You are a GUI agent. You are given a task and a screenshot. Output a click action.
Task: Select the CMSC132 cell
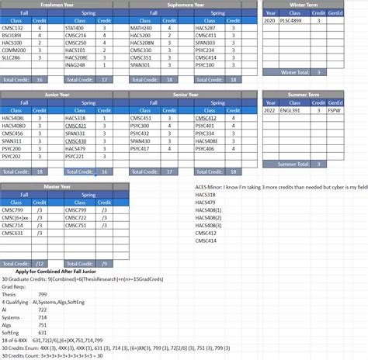(13, 28)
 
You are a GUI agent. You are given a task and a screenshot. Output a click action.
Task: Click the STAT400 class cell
(75, 28)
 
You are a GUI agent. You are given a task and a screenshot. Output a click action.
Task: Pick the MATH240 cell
(141, 28)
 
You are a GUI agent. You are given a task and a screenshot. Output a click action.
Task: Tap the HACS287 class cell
(206, 28)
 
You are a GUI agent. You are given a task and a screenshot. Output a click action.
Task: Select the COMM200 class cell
(14, 50)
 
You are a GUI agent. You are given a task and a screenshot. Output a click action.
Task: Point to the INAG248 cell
(75, 64)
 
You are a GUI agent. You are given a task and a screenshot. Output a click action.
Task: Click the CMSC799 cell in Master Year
(13, 209)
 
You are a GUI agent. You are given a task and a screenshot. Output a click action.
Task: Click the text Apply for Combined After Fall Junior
(51, 272)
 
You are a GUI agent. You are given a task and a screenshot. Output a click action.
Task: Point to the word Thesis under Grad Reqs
(9, 294)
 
